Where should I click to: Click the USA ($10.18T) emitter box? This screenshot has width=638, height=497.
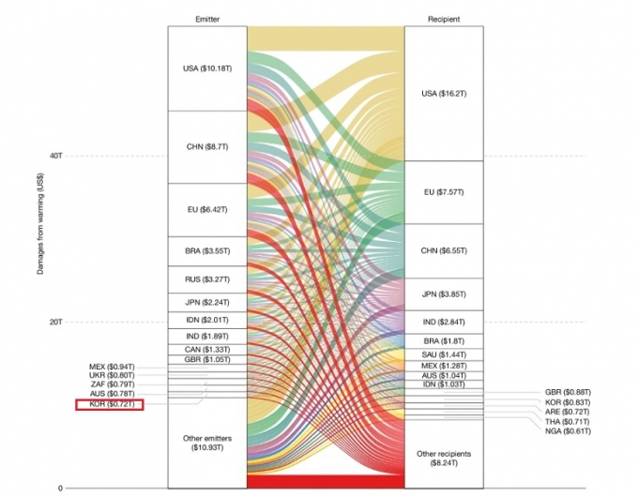pyautogui.click(x=206, y=68)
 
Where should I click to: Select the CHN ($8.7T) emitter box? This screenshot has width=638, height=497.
pyautogui.click(x=206, y=147)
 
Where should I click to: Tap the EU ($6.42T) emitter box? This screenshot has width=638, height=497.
pyautogui.click(x=206, y=209)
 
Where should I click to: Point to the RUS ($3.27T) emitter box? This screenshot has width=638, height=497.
pyautogui.click(x=206, y=279)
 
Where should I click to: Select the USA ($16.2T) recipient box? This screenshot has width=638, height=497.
pyautogui.click(x=443, y=94)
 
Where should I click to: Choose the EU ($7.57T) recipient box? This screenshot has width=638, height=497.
pyautogui.click(x=443, y=192)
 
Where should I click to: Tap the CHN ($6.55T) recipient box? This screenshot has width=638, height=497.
pyautogui.click(x=443, y=250)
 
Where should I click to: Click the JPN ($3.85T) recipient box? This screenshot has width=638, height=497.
pyautogui.click(x=443, y=294)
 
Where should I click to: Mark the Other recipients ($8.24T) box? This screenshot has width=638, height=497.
pyautogui.click(x=443, y=458)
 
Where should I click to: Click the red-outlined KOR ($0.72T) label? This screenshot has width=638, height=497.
pyautogui.click(x=111, y=404)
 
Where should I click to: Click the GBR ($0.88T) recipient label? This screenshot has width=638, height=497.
pyautogui.click(x=568, y=392)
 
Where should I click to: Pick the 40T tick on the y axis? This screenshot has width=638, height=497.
pyautogui.click(x=54, y=156)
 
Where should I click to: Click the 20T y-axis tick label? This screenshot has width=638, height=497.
pyautogui.click(x=54, y=322)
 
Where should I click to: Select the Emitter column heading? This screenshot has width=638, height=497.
pyautogui.click(x=206, y=17)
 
